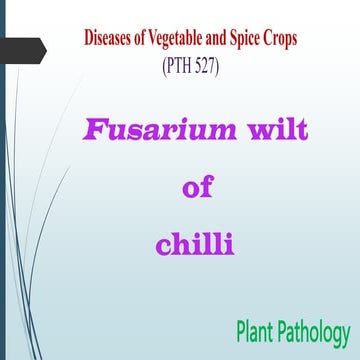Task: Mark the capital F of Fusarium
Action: (x=91, y=131)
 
